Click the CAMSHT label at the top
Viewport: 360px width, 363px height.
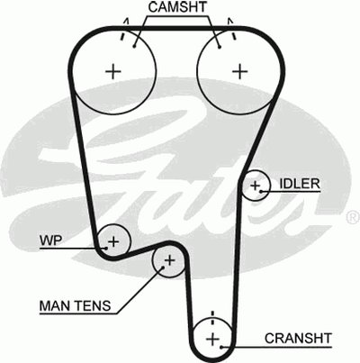pyautogui.click(x=177, y=7)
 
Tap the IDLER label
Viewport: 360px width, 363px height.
pyautogui.click(x=300, y=184)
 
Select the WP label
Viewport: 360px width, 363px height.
pyautogui.click(x=51, y=240)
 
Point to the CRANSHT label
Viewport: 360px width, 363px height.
pyautogui.click(x=298, y=339)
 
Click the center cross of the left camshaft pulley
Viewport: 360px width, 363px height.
pyautogui.click(x=113, y=71)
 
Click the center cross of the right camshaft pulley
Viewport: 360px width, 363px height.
pyautogui.click(x=240, y=71)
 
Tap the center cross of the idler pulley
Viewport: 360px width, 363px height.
pyautogui.click(x=256, y=186)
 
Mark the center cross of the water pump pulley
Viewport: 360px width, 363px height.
pyautogui.click(x=113, y=241)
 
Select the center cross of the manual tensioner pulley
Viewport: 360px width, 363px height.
pyautogui.click(x=170, y=260)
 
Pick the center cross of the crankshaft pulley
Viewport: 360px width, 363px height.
pyautogui.click(x=213, y=340)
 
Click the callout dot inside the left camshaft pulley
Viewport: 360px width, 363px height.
pyautogui.click(x=134, y=46)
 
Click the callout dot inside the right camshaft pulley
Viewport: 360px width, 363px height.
pyautogui.click(x=220, y=47)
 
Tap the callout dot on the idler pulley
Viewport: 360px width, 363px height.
pyautogui.click(x=261, y=191)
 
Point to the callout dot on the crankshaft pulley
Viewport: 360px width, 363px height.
pyautogui.click(x=221, y=348)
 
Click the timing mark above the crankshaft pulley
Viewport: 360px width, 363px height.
pyautogui.click(x=212, y=317)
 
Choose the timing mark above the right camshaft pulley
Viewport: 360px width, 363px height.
pyautogui.click(x=231, y=29)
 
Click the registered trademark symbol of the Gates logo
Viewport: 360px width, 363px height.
pyautogui.click(x=354, y=217)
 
